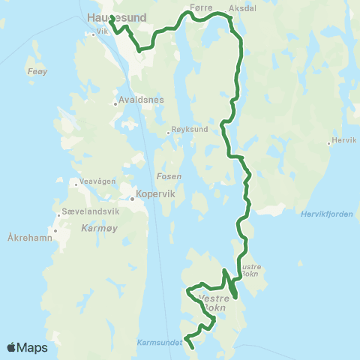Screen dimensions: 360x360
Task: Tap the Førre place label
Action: point(202,6)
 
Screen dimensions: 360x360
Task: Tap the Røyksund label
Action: point(190,129)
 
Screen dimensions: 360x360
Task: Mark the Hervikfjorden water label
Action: point(325,213)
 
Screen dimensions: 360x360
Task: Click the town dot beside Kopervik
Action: point(131,199)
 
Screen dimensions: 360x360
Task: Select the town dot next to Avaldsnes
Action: point(115,103)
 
